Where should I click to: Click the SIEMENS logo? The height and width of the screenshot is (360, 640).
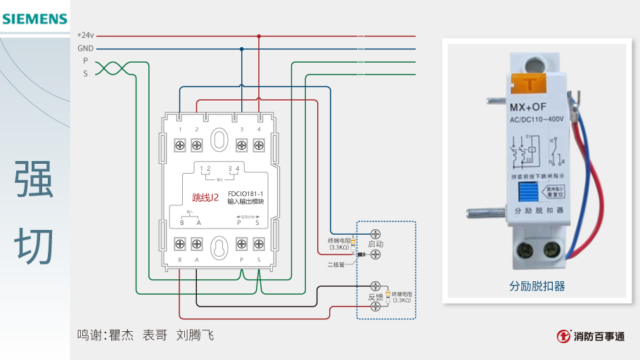click(34, 19)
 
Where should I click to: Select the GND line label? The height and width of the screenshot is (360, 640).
click(85, 49)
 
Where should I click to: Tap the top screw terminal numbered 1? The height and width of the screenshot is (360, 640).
click(180, 145)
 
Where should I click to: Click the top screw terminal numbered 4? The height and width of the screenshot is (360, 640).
click(259, 145)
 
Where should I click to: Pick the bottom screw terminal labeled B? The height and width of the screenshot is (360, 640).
click(180, 244)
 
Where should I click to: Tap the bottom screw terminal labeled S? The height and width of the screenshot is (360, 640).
click(259, 244)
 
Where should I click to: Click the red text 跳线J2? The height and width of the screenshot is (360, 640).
click(205, 198)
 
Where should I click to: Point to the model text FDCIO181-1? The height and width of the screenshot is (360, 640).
click(245, 193)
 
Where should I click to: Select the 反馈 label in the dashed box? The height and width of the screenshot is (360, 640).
click(376, 297)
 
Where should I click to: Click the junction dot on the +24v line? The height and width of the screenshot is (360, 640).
click(259, 35)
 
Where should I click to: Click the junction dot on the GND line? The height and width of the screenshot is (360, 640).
click(242, 49)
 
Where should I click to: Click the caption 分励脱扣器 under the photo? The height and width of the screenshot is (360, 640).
click(537, 286)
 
